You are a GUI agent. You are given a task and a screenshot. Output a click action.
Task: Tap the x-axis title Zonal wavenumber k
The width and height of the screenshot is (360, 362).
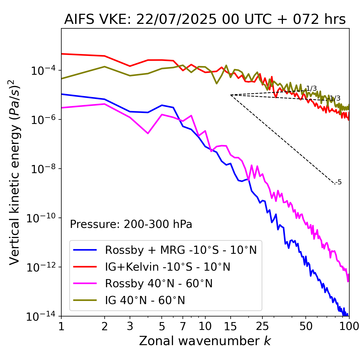[205, 341]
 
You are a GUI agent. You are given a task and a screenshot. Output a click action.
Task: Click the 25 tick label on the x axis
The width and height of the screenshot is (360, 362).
[262, 326]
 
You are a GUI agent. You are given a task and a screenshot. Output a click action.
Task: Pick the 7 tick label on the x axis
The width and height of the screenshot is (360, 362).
[183, 326]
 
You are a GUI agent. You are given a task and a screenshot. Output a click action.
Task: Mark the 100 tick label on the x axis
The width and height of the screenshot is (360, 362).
[349, 326]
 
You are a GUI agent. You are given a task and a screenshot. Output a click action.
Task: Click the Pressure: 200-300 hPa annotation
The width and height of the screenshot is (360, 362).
[131, 224]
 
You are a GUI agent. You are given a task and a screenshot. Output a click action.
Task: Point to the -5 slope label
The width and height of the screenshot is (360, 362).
[339, 182]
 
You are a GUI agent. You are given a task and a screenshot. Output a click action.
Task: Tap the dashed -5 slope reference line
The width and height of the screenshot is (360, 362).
[281, 138]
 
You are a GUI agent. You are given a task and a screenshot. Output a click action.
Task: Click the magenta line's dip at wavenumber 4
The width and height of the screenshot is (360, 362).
[148, 133]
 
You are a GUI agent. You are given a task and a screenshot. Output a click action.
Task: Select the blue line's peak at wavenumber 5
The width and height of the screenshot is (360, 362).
[162, 105]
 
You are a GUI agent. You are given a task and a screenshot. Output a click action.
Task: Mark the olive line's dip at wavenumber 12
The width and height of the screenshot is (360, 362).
[216, 83]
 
